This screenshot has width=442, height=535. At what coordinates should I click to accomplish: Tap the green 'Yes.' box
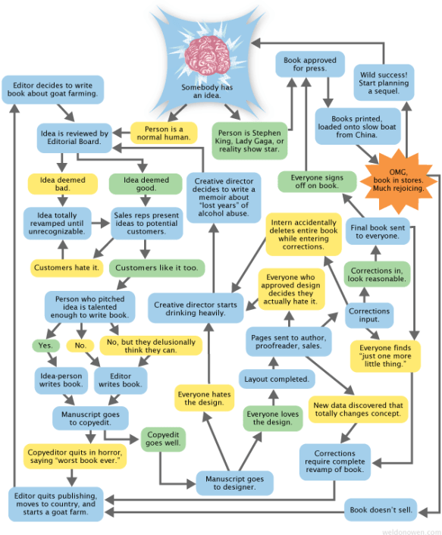45,345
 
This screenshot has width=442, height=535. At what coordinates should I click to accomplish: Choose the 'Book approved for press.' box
309,64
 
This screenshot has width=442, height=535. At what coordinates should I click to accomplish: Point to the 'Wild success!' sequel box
383,80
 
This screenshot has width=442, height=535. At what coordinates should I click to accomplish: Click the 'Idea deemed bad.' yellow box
62,185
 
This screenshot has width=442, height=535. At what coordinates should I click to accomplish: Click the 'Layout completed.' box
276,378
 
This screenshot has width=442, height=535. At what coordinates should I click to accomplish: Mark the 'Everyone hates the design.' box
204,398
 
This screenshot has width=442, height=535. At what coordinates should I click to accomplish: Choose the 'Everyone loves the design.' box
273,417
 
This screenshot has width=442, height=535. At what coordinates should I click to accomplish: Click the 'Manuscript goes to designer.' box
234,483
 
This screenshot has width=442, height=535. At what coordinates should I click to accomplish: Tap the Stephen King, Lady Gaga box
249,139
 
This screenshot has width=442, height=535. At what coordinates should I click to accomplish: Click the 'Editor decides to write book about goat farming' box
53,89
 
